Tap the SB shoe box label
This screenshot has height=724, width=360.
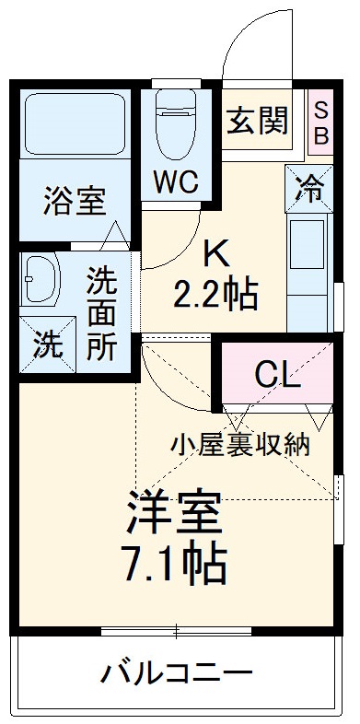pos(319,121)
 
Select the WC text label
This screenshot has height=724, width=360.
pos(176,181)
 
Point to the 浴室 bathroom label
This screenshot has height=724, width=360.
pos(75,201)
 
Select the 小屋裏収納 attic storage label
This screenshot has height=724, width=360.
pos(240,444)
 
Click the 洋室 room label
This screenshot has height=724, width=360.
pos(175,515)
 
